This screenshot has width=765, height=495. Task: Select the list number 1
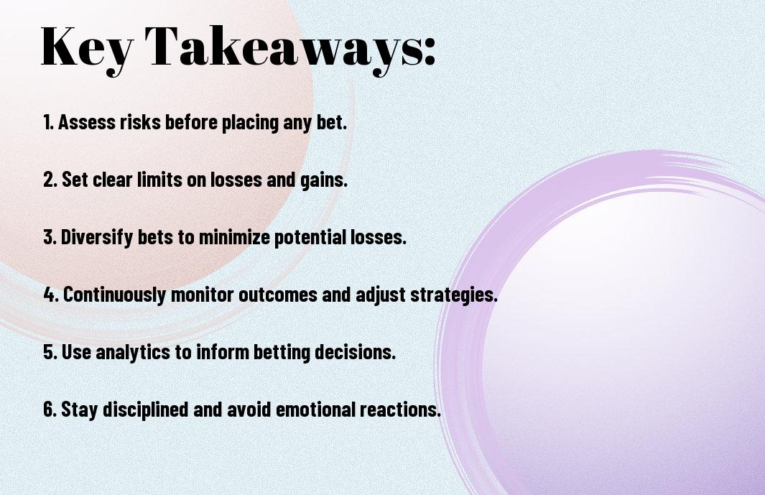pyautogui.click(x=48, y=122)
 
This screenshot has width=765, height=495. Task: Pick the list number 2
pyautogui.click(x=50, y=180)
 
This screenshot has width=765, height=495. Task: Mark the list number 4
pyautogui.click(x=51, y=295)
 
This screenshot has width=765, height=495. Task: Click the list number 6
pyautogui.click(x=50, y=409)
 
